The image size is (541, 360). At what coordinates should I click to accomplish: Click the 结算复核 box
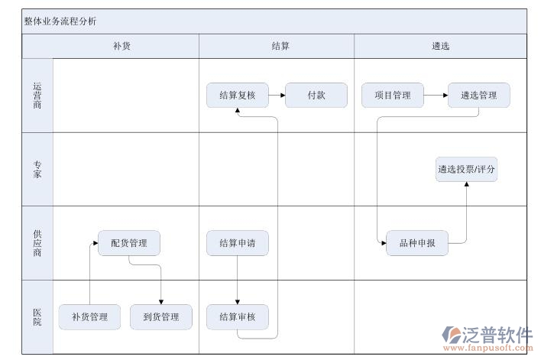click(237, 96)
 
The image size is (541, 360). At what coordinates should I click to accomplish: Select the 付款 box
click(316, 96)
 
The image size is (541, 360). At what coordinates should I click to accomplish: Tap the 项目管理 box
click(392, 96)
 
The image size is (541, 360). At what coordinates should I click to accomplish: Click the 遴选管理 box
click(478, 96)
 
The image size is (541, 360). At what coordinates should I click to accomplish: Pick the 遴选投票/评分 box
click(466, 170)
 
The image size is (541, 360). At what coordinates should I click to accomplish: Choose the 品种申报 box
click(417, 244)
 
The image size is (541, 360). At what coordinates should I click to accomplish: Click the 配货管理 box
click(129, 244)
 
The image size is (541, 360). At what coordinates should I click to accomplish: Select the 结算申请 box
click(237, 244)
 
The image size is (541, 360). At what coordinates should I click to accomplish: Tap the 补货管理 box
click(89, 316)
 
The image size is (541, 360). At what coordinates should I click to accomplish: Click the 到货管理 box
click(160, 316)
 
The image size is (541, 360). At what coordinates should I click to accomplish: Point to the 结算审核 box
click(237, 316)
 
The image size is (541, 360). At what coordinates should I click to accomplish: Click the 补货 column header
click(122, 46)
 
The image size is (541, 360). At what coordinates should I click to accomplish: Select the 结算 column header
click(280, 46)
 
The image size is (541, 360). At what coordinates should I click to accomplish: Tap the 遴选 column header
click(440, 46)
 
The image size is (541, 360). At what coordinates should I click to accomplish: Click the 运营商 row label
click(37, 96)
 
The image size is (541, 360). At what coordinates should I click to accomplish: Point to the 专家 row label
click(37, 170)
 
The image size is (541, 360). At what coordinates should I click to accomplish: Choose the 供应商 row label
click(37, 242)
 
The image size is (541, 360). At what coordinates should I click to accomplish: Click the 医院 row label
click(37, 316)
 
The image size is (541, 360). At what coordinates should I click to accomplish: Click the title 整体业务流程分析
click(60, 21)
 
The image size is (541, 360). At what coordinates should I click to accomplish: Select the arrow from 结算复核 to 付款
click(276, 96)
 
